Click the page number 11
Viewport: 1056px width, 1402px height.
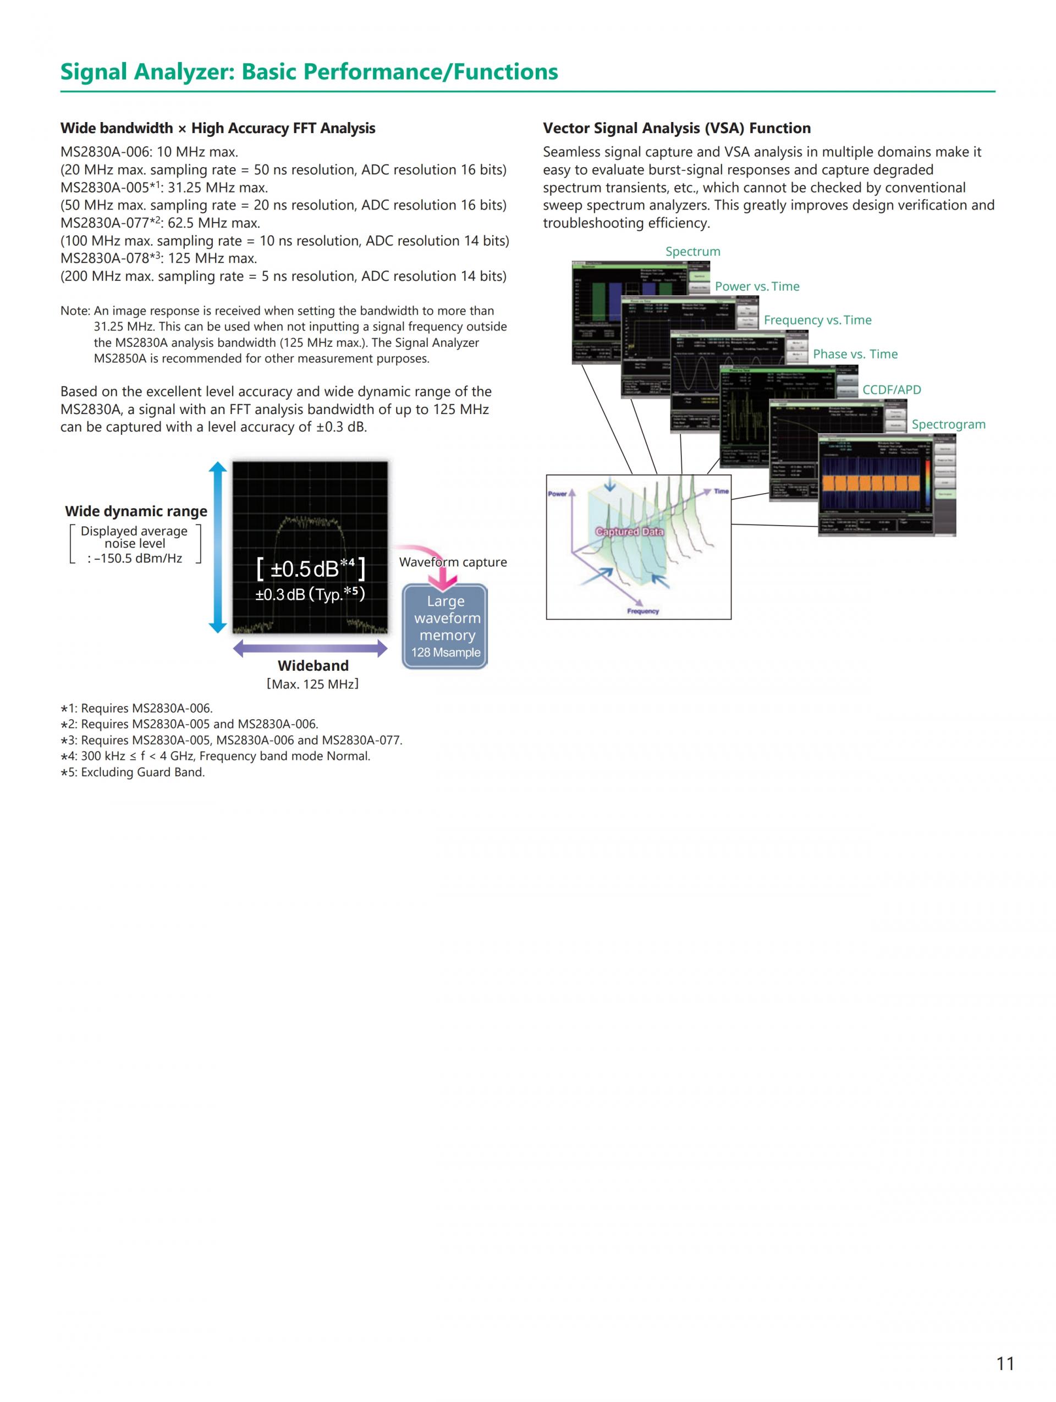(1005, 1363)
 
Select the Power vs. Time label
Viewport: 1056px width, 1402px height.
(757, 286)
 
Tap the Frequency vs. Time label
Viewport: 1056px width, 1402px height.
(817, 320)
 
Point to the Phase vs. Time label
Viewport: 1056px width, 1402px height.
(855, 354)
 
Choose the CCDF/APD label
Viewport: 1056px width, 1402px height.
(891, 389)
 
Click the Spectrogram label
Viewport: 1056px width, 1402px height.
(948, 424)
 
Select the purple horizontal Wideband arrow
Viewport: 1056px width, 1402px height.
(310, 648)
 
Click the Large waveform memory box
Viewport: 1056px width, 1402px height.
(445, 626)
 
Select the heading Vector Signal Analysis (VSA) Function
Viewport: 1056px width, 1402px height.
(676, 128)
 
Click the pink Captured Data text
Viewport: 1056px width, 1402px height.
(629, 531)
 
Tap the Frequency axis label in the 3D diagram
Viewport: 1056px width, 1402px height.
(643, 611)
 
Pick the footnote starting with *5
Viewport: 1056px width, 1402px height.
(133, 772)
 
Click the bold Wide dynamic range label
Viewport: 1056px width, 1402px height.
(136, 511)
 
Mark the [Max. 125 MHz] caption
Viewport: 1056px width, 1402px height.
(312, 684)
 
